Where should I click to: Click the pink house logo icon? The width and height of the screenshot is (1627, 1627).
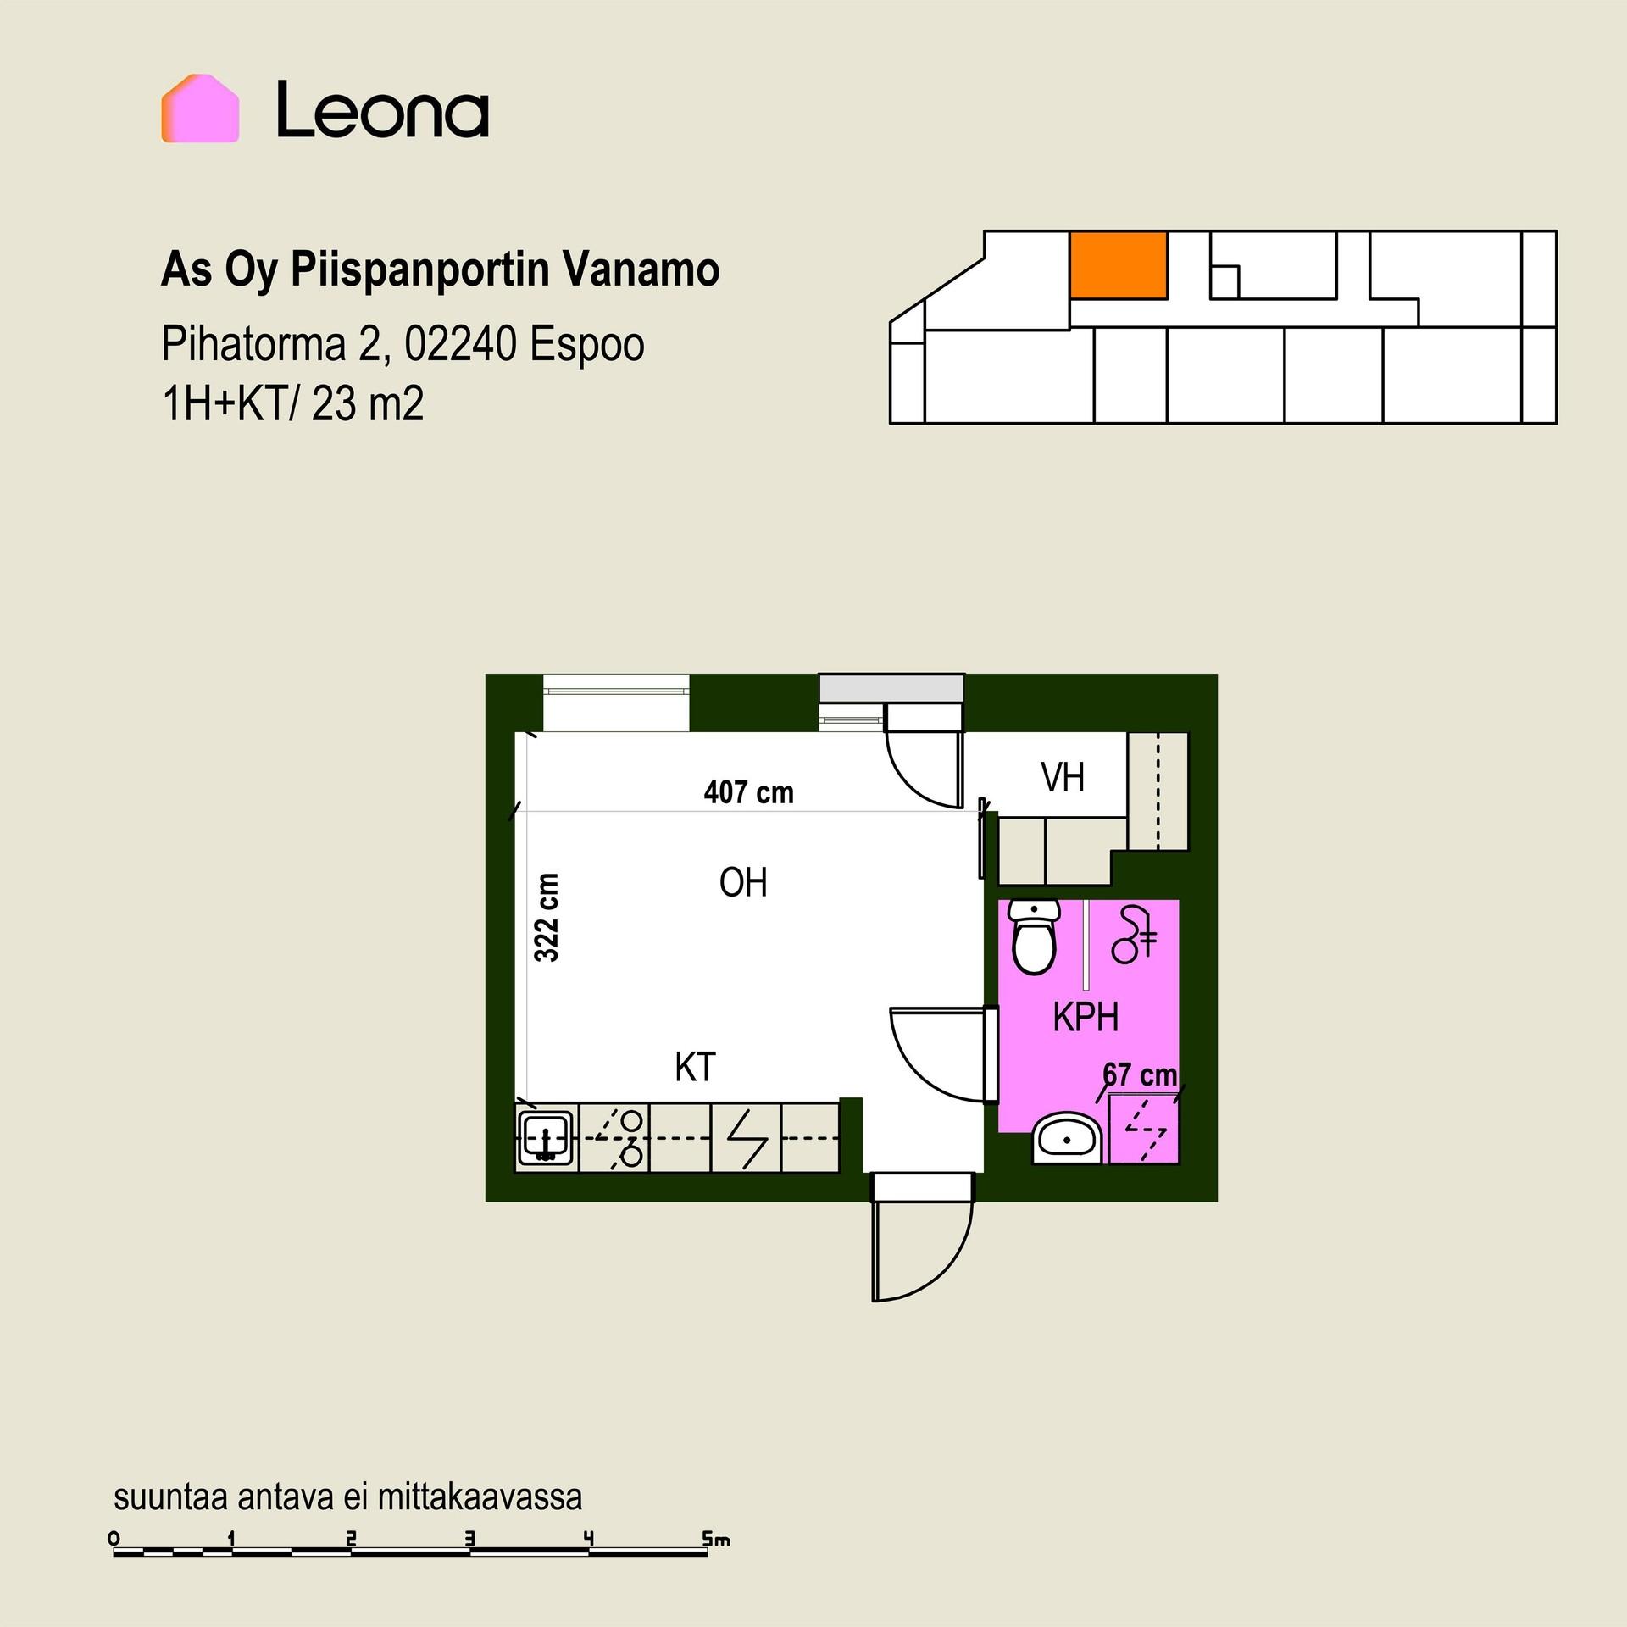pos(200,108)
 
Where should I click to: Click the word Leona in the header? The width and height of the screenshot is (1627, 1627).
pos(383,109)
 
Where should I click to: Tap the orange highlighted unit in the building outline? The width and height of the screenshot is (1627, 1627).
pos(1119,264)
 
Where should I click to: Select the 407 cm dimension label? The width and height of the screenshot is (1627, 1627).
pos(749,792)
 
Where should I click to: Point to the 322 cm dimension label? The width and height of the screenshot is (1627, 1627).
pos(547,918)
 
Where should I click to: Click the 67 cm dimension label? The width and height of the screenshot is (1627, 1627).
pos(1140,1075)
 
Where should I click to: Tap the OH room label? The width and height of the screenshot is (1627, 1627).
pos(743,883)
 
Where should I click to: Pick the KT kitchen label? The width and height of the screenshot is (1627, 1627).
pos(695,1068)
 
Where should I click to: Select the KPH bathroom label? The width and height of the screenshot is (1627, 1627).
pos(1086,1017)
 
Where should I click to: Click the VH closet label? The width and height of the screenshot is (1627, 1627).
pos(1063,777)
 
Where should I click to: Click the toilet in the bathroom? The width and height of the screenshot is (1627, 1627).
pos(1034,936)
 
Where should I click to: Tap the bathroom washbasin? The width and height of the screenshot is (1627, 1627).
pos(1067,1138)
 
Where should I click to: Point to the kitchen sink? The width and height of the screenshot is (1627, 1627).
pos(547,1137)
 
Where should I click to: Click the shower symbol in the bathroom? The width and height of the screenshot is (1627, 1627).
pos(1134,935)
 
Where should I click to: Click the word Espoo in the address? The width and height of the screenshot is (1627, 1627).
pos(587,344)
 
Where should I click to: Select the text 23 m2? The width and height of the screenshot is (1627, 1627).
pos(368,404)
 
